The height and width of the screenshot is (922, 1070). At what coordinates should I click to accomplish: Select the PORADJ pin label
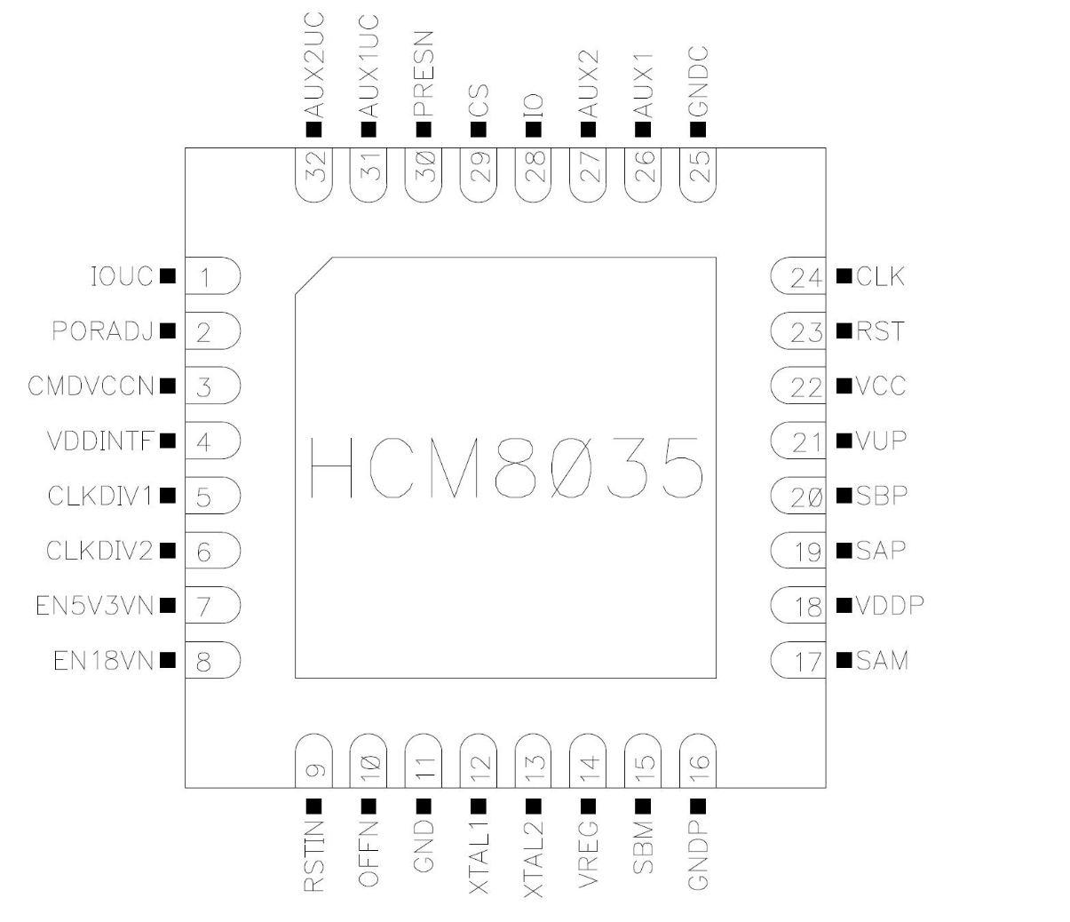[x=103, y=332]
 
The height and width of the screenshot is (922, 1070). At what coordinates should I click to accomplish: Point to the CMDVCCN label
[x=91, y=387]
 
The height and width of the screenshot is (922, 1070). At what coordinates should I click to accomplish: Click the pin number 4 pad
[x=211, y=441]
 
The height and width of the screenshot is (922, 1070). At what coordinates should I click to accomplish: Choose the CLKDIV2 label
[x=100, y=552]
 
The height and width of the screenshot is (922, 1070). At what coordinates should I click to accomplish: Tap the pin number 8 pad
[x=211, y=662]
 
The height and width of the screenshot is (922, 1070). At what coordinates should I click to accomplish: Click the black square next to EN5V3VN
[x=166, y=607]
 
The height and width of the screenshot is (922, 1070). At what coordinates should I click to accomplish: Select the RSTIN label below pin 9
[x=313, y=856]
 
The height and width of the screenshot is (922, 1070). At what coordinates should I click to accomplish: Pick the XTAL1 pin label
[x=479, y=857]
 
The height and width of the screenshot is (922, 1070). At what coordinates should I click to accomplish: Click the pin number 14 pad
[x=588, y=760]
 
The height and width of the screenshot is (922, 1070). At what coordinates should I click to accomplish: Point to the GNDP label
[x=698, y=856]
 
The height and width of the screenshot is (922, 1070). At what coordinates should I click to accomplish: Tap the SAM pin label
[x=883, y=661]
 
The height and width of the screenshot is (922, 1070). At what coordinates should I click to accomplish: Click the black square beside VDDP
[x=844, y=607]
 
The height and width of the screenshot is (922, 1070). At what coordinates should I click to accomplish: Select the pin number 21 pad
[x=799, y=441]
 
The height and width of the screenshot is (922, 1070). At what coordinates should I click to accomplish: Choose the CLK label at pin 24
[x=881, y=277]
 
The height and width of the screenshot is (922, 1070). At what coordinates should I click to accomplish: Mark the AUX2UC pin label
[x=313, y=66]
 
